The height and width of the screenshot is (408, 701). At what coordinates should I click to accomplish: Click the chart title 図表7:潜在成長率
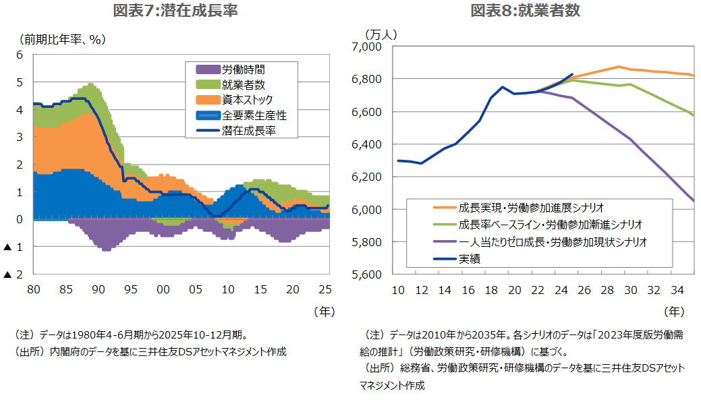click(x=175, y=10)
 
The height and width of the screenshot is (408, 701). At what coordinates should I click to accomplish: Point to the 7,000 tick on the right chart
click(x=368, y=47)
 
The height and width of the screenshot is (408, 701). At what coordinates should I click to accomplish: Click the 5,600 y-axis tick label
click(x=368, y=274)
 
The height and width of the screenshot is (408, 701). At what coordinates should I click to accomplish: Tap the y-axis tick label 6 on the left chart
click(x=19, y=55)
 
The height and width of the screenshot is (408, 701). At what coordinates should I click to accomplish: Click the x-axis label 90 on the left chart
click(x=98, y=290)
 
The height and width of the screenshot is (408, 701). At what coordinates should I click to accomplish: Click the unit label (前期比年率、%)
click(x=63, y=40)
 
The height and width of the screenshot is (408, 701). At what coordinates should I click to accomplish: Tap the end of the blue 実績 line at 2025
click(x=572, y=74)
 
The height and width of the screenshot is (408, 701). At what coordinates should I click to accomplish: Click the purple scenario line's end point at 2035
click(x=694, y=200)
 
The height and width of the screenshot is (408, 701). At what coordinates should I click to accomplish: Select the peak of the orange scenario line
click(x=619, y=67)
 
